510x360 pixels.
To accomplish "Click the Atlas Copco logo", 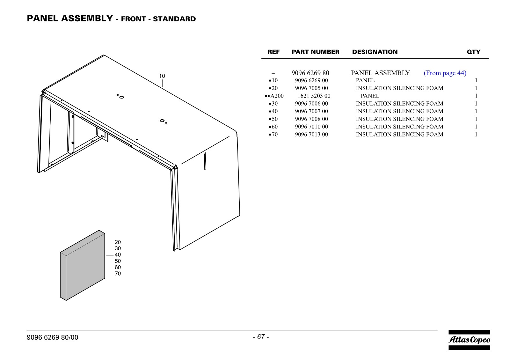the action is pos(469,340).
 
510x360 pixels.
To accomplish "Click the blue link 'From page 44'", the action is pos(445,73).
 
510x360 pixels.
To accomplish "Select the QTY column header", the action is pos(474,52).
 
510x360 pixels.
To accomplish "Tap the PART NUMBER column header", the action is pos(315,52).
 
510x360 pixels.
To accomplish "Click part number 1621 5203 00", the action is pos(314,96).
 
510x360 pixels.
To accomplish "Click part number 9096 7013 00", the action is pos(311,135).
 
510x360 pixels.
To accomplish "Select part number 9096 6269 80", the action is pos(310,73).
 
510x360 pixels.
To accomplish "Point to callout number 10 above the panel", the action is pos(162,76).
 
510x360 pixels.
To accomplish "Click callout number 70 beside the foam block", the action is pos(118,274).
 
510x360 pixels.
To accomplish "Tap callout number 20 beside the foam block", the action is pos(118,242).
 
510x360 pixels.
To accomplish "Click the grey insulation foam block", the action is pos(83,265).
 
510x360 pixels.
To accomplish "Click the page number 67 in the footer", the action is pos(261,337).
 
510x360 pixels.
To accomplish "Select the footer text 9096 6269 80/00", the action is pos(52,337).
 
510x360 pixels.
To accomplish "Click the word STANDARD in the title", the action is pos(174,19).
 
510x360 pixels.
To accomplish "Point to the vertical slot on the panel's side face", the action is pos(205,161).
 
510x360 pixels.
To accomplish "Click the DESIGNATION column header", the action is pos(375,52).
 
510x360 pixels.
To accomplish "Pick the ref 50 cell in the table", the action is pos(273,119).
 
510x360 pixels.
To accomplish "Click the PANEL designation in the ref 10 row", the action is pos(365,80).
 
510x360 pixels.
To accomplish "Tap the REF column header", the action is pos(273,52).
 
